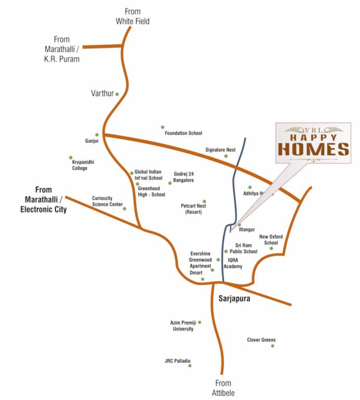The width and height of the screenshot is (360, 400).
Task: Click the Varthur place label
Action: [102, 93]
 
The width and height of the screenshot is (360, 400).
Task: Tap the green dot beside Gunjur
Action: [96, 134]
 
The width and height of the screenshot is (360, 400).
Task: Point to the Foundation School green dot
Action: [162, 127]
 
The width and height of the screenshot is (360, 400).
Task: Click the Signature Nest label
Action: [220, 149]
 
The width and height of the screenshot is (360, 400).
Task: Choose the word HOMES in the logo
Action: [313, 149]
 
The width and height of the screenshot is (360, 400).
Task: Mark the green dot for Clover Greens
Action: [273, 346]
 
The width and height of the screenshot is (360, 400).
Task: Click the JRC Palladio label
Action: [177, 360]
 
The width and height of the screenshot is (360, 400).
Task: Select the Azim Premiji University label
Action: [182, 326]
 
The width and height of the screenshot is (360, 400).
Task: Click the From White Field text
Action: [132, 16]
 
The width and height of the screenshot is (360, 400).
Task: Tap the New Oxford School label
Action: [271, 240]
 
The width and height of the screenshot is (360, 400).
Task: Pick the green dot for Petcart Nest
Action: [204, 201]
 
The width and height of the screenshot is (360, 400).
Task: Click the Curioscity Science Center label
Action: [107, 201]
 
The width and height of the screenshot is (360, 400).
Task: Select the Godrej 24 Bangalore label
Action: [184, 177]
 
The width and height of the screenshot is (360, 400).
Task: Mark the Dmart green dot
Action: [202, 279]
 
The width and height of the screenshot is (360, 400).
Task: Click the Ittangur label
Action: [247, 230]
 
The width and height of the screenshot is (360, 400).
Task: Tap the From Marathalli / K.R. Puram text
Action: [61, 49]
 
